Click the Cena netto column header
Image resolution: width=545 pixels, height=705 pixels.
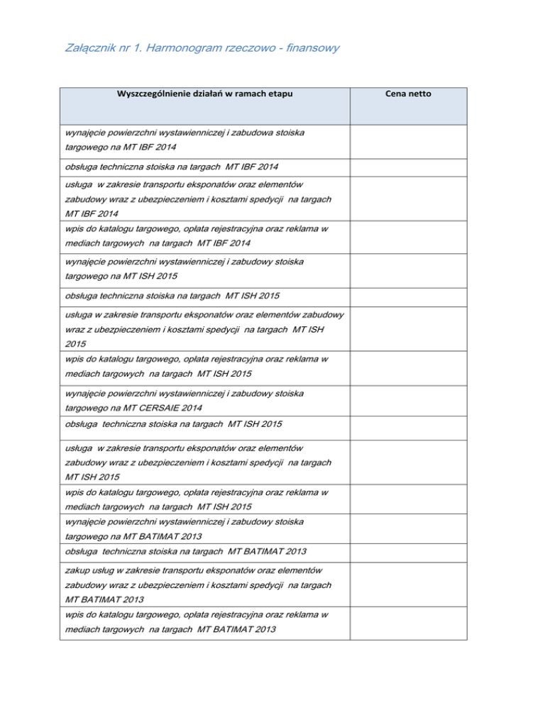tap(408, 94)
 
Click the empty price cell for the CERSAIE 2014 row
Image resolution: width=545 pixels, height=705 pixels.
tap(408, 401)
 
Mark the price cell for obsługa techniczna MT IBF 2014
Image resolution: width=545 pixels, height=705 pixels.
tap(408, 167)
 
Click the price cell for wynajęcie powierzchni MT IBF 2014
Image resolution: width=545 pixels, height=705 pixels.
tap(408, 140)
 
